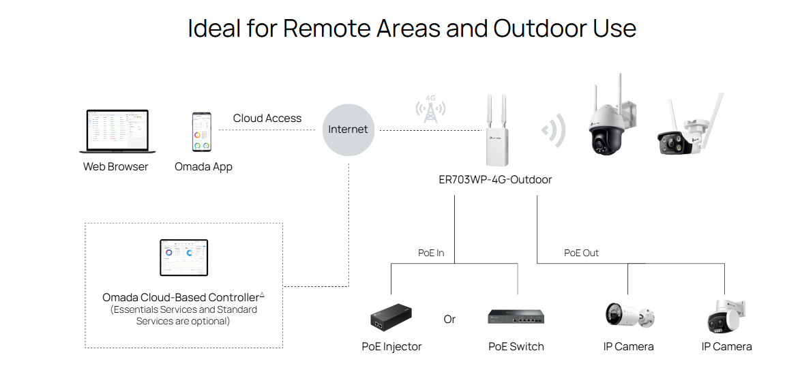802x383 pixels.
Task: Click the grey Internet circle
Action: coord(348,129)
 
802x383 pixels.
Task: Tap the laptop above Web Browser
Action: coord(117,132)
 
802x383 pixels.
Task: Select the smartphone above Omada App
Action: coord(201,132)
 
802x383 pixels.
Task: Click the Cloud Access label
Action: coord(267,119)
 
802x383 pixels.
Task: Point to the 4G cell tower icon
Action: coord(430,110)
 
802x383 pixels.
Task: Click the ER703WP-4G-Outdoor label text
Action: coord(495,180)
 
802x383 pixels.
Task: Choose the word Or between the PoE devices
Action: coord(449,319)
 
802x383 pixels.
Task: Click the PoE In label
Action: coord(431,253)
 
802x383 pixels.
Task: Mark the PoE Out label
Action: coord(581,253)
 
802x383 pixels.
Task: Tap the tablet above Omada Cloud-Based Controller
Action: coord(183,258)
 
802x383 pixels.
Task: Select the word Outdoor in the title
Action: coord(542,28)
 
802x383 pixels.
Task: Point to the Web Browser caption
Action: coord(115,166)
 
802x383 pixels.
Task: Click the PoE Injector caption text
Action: coord(391,347)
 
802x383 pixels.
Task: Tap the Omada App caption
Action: coord(203,166)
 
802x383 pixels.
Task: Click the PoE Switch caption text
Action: coord(516,347)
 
